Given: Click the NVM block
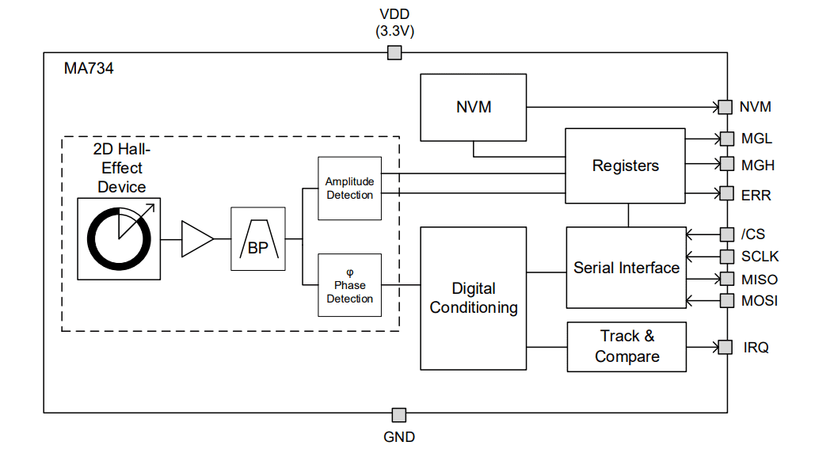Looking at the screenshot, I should [x=474, y=107].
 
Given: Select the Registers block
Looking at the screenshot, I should [x=625, y=166].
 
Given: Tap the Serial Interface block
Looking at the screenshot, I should [x=626, y=268].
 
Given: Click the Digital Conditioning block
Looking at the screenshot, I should [x=474, y=298].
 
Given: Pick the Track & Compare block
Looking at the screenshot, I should [x=626, y=347].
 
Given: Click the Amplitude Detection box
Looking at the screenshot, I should [x=349, y=188].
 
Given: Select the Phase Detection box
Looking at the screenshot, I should [x=349, y=285].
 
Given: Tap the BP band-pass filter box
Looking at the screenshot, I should [x=258, y=239].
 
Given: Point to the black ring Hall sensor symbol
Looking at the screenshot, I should [x=119, y=238].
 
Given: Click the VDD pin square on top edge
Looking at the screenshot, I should [x=394, y=53].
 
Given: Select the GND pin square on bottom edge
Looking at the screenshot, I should [x=399, y=415].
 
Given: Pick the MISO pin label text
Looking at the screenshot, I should [x=760, y=280].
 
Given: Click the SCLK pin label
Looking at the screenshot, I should [x=760, y=257].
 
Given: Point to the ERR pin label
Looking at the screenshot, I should [x=756, y=195].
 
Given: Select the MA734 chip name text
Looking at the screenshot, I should [x=89, y=69].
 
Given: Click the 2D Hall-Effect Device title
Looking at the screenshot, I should [x=121, y=168].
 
